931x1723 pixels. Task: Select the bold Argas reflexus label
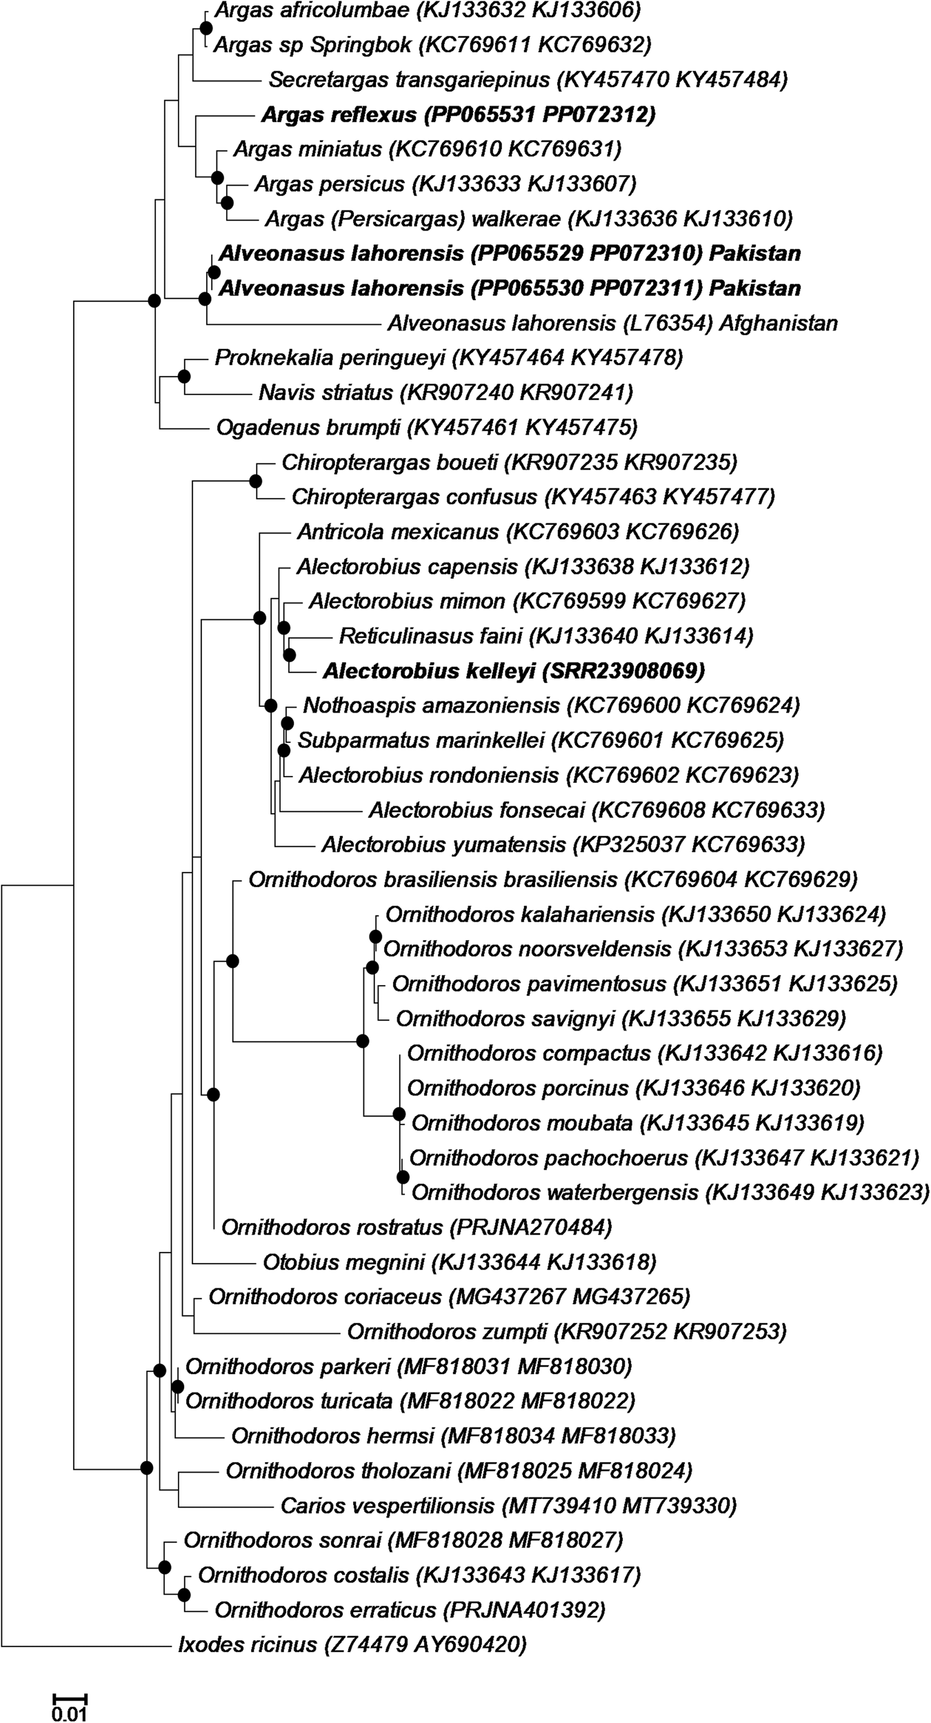[x=458, y=114]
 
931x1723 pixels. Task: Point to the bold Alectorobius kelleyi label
[x=514, y=670]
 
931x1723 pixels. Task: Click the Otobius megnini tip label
[x=459, y=1263]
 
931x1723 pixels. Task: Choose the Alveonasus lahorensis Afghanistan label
[x=612, y=323]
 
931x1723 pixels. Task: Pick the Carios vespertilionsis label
[x=509, y=1505]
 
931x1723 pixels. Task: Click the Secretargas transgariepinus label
[x=528, y=80]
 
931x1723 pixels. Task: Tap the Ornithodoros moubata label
[x=638, y=1124]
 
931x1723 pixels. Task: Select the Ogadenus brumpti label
[x=427, y=428]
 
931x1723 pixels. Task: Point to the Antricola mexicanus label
[x=518, y=532]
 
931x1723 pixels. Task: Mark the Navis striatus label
[x=446, y=393]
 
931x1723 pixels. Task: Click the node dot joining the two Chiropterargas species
[x=256, y=480]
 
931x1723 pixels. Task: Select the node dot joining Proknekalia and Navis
[x=183, y=376]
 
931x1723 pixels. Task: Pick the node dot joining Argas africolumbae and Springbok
[x=205, y=28]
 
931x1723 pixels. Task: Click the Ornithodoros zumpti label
[x=567, y=1332]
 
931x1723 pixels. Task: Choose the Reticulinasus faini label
[x=545, y=635]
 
